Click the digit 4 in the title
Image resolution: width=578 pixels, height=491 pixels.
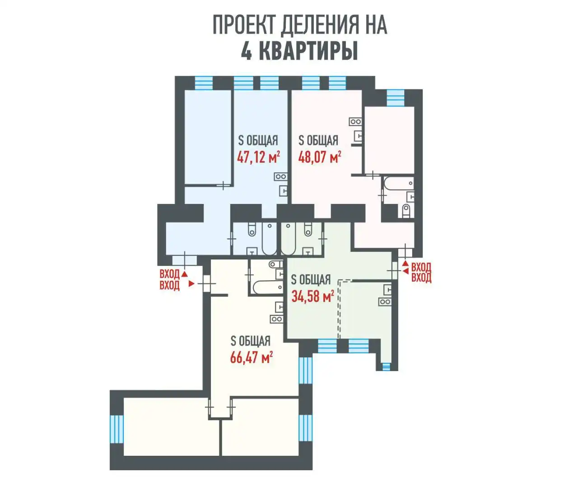[246, 51]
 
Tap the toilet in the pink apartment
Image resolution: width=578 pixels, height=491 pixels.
[406, 211]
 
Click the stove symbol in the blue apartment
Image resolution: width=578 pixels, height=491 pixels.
[280, 177]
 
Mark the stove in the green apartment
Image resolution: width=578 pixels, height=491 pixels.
[385, 301]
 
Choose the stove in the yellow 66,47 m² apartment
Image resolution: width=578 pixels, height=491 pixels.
[276, 319]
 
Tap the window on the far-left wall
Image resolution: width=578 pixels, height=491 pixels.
[117, 428]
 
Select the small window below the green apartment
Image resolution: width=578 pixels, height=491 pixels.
[386, 366]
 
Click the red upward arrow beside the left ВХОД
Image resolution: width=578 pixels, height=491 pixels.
[184, 273]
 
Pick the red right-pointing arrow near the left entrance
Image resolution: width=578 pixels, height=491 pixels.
[191, 284]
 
